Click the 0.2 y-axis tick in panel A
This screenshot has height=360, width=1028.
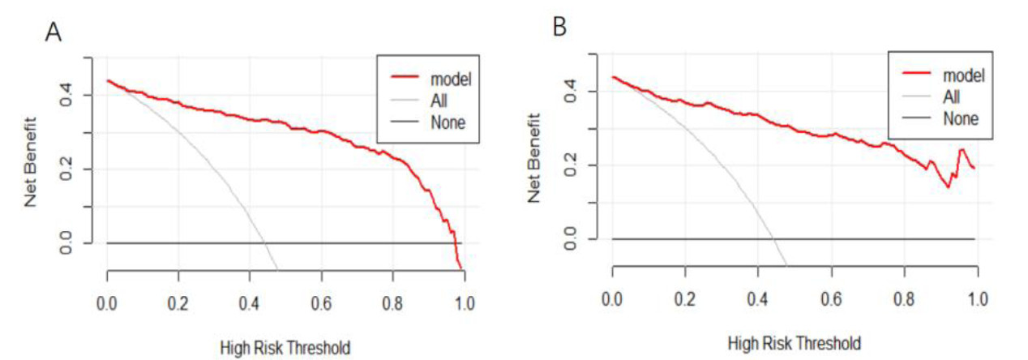point(75,169)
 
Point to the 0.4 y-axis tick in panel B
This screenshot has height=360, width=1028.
point(582,92)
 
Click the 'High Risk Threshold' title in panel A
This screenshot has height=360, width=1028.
point(285,349)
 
